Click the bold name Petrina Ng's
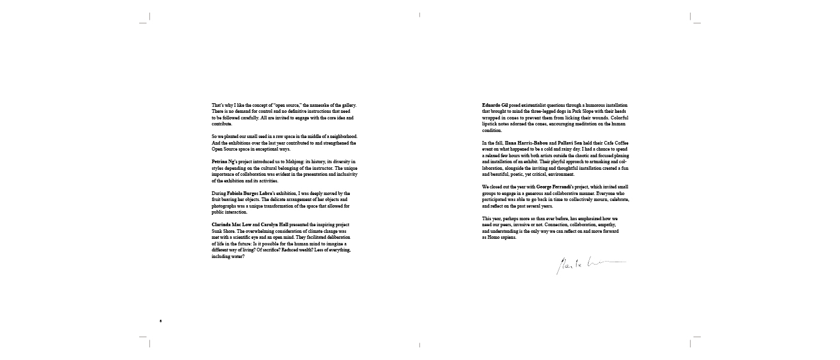[223, 162]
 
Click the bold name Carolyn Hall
[274, 224]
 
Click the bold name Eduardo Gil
[495, 106]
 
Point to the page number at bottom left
[161, 321]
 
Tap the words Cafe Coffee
[615, 143]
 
